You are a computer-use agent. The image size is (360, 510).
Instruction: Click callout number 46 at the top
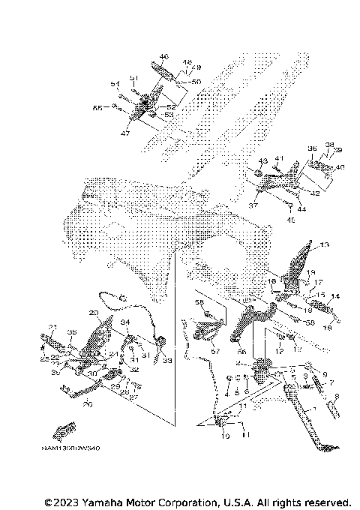pos(164,57)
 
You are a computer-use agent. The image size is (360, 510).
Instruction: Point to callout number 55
pos(117,109)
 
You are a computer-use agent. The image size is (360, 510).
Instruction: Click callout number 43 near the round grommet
pos(262,161)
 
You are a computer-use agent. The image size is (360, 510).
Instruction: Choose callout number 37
pos(252,205)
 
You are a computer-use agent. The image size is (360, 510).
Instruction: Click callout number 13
pos(324,245)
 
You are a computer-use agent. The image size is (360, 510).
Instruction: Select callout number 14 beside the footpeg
pos(335,296)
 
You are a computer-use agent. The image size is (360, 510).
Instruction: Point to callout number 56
pos(242,350)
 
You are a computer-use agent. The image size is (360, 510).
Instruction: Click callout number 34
pos(125,322)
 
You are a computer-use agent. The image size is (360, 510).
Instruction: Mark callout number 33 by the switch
pos(166,361)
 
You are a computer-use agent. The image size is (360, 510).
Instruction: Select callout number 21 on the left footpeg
pos(52,326)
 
